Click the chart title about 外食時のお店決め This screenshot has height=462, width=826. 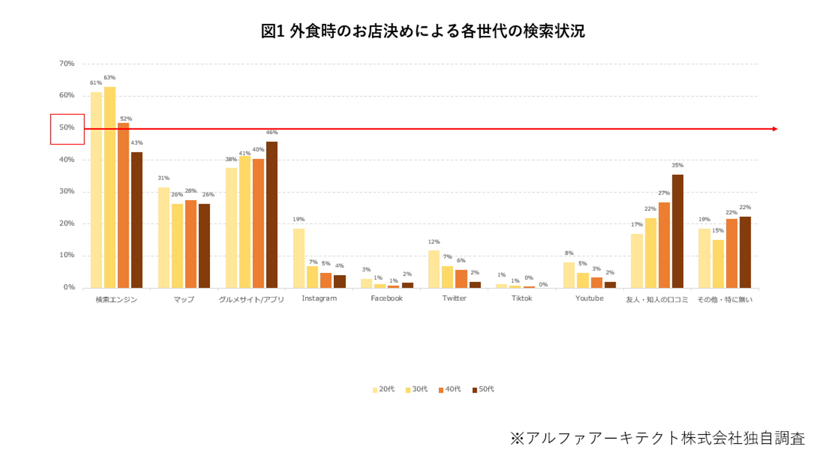click(423, 32)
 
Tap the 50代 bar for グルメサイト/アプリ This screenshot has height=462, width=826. click(271, 215)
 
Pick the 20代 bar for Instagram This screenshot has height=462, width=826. click(299, 258)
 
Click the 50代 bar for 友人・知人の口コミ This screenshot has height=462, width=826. click(677, 231)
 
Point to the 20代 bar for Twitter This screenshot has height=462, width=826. click(434, 269)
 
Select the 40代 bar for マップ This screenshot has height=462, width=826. click(190, 244)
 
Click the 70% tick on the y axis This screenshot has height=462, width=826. click(67, 64)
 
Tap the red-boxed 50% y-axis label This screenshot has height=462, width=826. click(67, 128)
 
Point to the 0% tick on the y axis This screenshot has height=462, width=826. click(69, 287)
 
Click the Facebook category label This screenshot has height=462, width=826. click(387, 299)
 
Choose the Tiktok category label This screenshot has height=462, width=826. click(522, 299)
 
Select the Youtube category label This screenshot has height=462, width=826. click(589, 299)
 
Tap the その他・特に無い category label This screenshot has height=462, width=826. click(725, 299)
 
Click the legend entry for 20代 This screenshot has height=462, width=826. click(384, 390)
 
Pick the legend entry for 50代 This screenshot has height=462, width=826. click(483, 390)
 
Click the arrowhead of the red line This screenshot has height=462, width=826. click(775, 129)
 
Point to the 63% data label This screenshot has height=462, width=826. click(110, 77)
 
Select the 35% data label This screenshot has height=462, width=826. click(677, 165)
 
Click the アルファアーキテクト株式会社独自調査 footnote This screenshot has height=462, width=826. click(657, 438)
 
